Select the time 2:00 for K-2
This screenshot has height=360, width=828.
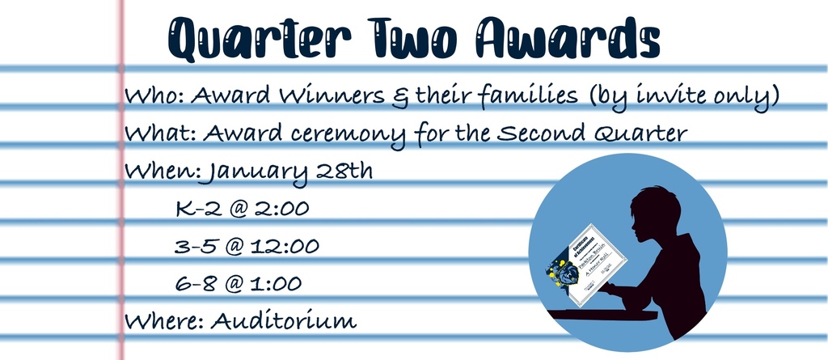(x=281, y=209)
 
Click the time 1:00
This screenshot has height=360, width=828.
(x=277, y=284)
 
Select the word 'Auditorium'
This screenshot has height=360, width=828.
(x=283, y=321)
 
